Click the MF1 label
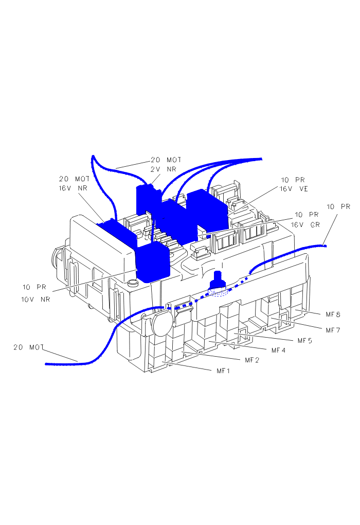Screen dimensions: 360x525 [223, 371]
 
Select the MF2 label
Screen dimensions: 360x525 [252, 360]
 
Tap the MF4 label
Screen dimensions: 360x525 [278, 350]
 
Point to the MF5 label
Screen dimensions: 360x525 [305, 341]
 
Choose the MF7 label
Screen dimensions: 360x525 [333, 330]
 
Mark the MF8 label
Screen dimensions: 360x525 [333, 314]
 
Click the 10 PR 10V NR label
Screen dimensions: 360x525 [36, 293]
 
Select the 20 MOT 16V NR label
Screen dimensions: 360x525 [74, 183]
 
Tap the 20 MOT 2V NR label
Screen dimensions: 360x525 [166, 164]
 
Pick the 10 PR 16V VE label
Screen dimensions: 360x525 [294, 184]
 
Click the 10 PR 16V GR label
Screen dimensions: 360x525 [305, 220]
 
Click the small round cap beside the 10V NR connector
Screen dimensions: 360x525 [134, 283]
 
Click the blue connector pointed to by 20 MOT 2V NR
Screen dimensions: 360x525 [149, 200]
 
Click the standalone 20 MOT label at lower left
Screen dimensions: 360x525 [29, 347]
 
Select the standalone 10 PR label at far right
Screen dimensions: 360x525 [338, 206]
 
